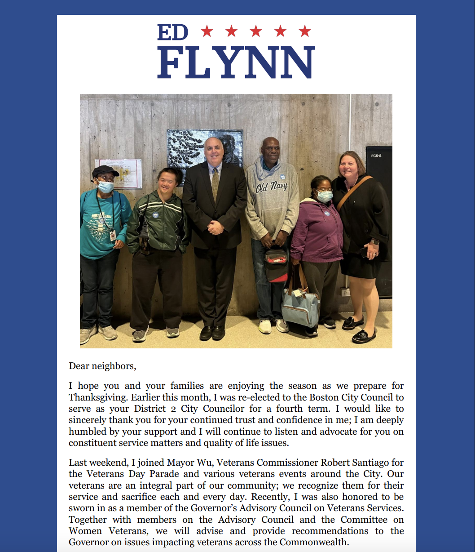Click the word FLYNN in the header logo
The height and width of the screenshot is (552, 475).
coord(236,62)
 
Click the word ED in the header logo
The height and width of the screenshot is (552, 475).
coord(172,32)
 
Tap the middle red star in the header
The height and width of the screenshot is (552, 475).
coord(256,31)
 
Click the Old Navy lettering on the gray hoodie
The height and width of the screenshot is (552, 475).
coord(272,186)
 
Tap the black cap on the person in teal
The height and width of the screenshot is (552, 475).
coord(105,171)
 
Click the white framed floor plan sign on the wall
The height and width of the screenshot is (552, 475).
coord(119,174)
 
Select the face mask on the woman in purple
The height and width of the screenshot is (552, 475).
coord(325,196)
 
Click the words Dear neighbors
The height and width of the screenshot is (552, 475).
coord(102,366)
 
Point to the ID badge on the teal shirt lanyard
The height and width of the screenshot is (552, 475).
coord(113,235)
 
